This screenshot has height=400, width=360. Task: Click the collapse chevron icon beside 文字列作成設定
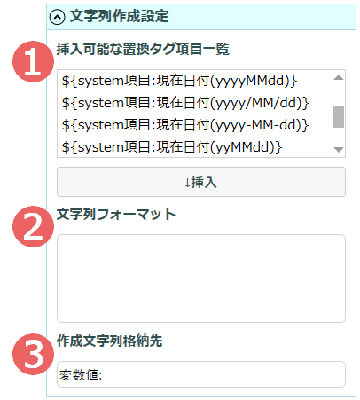click(x=57, y=17)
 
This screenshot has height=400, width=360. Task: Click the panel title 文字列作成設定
click(x=119, y=16)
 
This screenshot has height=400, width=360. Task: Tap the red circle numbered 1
click(x=33, y=61)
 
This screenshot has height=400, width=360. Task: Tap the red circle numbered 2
click(x=33, y=226)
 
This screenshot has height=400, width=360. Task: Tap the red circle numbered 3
click(x=33, y=354)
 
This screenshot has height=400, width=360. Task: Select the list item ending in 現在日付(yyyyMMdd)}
click(x=179, y=81)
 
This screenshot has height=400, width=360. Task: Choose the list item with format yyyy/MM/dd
click(x=185, y=103)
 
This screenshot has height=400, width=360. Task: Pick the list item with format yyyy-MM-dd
click(x=185, y=125)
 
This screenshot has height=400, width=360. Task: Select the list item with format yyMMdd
click(x=172, y=147)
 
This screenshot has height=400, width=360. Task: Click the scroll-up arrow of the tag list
click(x=339, y=78)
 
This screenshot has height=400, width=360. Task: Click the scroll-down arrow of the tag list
click(x=339, y=150)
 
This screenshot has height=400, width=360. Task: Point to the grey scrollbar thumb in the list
click(x=339, y=116)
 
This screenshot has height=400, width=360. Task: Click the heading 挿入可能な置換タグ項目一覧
click(x=143, y=49)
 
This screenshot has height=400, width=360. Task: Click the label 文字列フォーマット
click(x=116, y=214)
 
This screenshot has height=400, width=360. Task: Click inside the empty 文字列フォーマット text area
click(x=201, y=278)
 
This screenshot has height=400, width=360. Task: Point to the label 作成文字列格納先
click(x=109, y=341)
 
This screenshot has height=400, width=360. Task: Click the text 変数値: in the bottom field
click(x=81, y=375)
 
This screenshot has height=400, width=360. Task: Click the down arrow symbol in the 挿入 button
click(x=187, y=183)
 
